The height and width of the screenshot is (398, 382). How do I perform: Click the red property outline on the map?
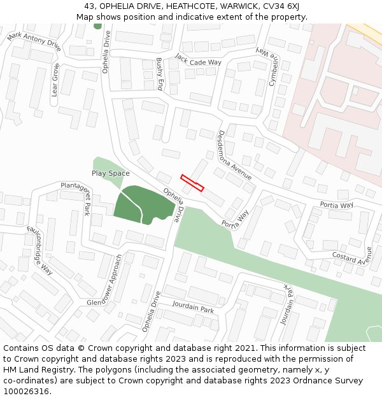[192, 183]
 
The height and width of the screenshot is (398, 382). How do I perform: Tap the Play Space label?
[110, 173]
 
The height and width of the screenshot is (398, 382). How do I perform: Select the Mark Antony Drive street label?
[34, 43]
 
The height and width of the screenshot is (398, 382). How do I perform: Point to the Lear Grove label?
[55, 80]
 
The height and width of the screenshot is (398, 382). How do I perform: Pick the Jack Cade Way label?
[198, 59]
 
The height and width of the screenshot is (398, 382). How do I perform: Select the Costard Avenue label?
[351, 257]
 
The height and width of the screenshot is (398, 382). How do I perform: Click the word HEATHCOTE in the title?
[167, 6]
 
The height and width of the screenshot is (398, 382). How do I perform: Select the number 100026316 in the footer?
[26, 391]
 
